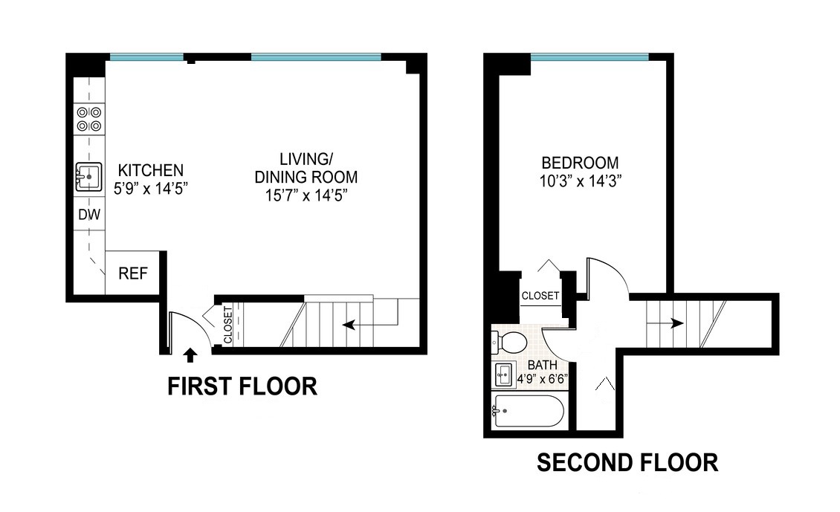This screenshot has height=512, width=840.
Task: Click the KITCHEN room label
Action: coord(146,169)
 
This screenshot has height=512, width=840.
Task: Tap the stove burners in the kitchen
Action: coord(89,119)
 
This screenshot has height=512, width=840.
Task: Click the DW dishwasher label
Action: coord(89,216)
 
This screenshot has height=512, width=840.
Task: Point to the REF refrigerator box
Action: coord(133,273)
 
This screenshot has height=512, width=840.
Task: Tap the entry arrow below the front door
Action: coord(190,354)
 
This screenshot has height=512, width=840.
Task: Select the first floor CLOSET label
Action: coord(228,325)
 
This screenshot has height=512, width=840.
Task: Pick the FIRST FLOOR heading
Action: coord(242,386)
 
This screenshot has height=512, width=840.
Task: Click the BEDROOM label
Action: coord(580,163)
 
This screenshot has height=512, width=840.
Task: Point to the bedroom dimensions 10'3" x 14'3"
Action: coord(581,180)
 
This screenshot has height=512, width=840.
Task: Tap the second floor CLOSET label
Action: coord(540,296)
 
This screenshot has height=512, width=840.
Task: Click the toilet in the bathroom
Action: coord(509,343)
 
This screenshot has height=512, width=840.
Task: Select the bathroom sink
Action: coord(505,374)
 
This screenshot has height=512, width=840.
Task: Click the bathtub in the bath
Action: coord(529,411)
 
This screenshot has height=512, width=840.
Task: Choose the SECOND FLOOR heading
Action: coord(627,463)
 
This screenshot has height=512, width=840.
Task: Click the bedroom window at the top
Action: coord(589,56)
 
